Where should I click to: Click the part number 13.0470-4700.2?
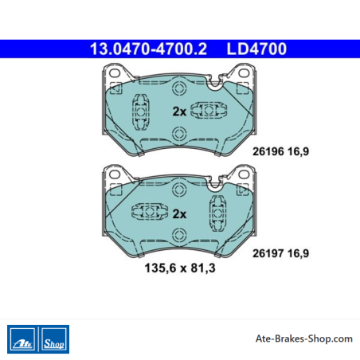pyautogui.click(x=148, y=49)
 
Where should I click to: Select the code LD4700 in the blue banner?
pyautogui.click(x=256, y=49)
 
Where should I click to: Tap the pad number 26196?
pyautogui.click(x=268, y=151)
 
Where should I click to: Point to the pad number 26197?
pyautogui.click(x=268, y=253)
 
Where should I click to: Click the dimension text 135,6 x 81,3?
pyautogui.click(x=180, y=268)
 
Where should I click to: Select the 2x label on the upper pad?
pyautogui.click(x=179, y=112)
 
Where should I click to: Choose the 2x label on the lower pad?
pyautogui.click(x=179, y=213)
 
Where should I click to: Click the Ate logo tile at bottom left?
pyautogui.click(x=22, y=339)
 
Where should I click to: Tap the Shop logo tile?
pyautogui.click(x=54, y=339)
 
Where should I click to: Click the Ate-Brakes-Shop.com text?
pyautogui.click(x=304, y=338)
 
